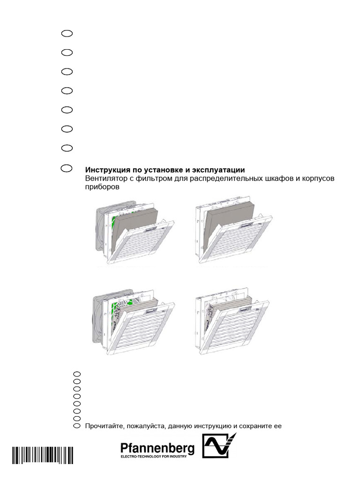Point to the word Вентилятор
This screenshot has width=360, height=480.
coord(105,179)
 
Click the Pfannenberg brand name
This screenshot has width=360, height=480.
coord(157,449)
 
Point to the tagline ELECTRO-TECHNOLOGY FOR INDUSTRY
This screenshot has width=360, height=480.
coord(154,457)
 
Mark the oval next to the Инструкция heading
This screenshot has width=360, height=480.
coord(67,168)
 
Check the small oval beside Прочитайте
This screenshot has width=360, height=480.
coord(77,426)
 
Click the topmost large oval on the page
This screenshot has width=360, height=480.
coord(67,33)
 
